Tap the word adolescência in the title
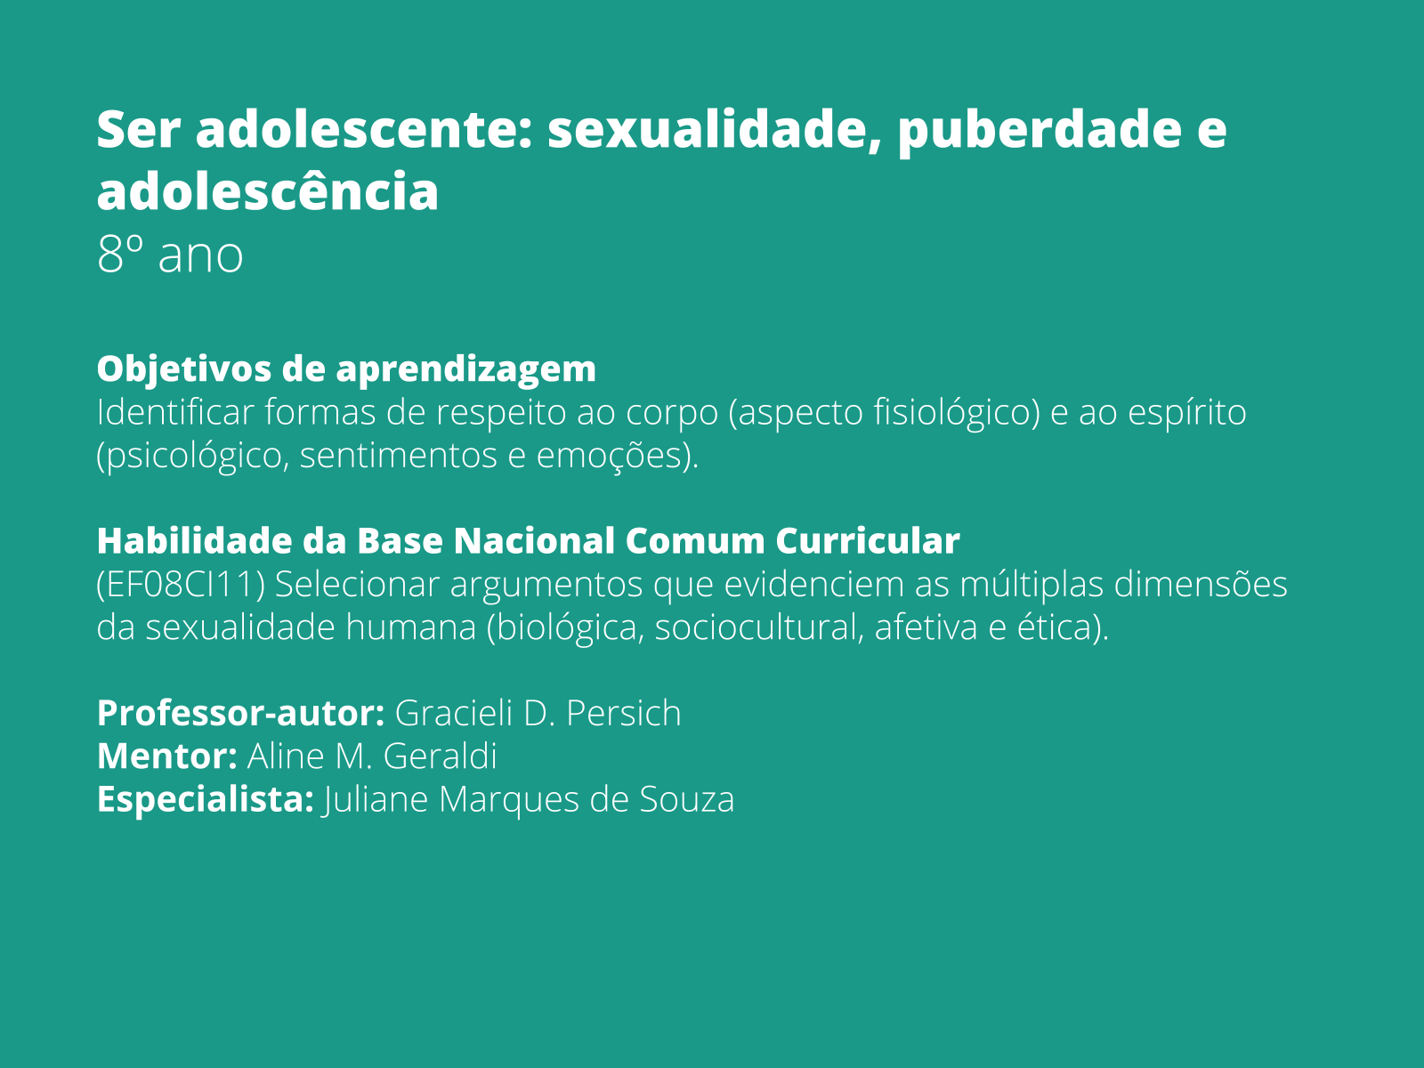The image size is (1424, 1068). tap(267, 191)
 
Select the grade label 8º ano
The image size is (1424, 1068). tap(170, 255)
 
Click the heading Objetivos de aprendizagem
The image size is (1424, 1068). tap(346, 368)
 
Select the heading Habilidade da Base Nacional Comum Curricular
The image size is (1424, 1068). tap(528, 541)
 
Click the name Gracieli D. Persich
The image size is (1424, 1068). tap(538, 714)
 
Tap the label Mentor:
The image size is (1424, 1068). tap(166, 756)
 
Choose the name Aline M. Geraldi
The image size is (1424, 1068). tap(372, 756)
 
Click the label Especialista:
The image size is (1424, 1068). tap(205, 799)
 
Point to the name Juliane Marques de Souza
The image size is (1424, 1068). tap(529, 799)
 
